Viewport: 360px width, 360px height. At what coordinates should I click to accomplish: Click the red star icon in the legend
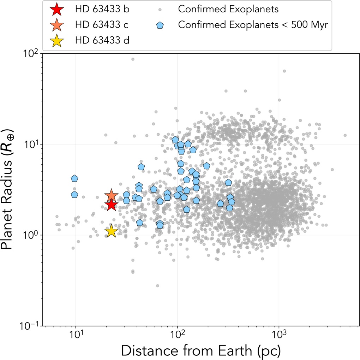tap(57, 9)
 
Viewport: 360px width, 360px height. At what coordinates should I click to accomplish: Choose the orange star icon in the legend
tap(57, 25)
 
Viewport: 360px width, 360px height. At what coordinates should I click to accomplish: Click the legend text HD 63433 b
tap(102, 9)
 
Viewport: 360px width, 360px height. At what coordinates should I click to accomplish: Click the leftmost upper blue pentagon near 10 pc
tap(74, 179)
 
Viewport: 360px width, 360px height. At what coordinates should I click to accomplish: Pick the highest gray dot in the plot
tap(133, 59)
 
